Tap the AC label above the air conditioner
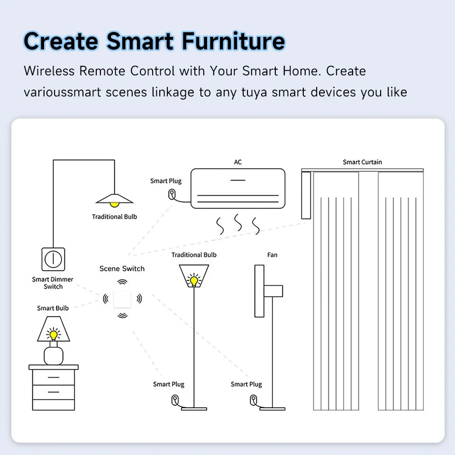coord(238,162)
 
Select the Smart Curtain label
coord(362,162)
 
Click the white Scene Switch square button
coord(122,299)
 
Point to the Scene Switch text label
coord(122,269)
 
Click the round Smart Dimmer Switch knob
coord(53,259)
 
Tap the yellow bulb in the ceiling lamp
coord(114,204)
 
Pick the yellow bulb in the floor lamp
coord(193,281)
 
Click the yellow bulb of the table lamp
coord(54,335)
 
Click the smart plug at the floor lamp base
coord(175,400)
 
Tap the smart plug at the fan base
coord(254,400)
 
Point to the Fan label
coord(272,255)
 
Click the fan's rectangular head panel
coord(259,291)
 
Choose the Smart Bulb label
coord(53,308)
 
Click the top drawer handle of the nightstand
coord(54,377)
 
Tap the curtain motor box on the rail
coord(306,195)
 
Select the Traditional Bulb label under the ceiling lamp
coord(114,217)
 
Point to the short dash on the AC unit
coord(237,180)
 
